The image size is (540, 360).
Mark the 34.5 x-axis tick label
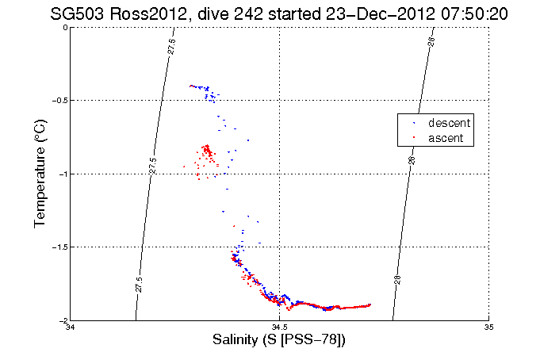click(280, 327)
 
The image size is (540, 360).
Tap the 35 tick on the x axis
click(488, 327)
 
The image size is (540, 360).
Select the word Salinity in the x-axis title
click(237, 340)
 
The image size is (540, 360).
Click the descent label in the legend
click(450, 124)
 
